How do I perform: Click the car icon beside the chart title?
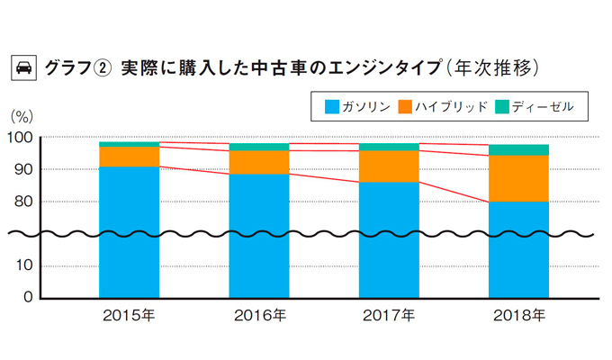point(22,67)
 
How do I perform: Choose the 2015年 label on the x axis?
point(130,316)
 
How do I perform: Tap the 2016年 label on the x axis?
point(259,316)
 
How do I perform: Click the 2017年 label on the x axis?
point(389,316)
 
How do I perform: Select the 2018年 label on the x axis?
point(518,316)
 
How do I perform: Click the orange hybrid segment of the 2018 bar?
point(518,178)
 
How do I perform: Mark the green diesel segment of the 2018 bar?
point(518,149)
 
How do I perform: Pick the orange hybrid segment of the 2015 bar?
point(130,157)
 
